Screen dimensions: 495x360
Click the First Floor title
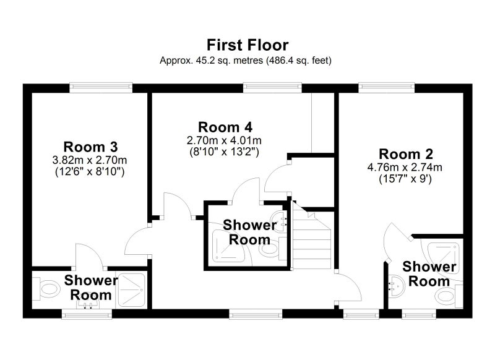tap(247, 45)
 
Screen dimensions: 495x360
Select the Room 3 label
tap(90, 147)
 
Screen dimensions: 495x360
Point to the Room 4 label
tap(225, 127)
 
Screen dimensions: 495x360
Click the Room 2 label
tap(406, 154)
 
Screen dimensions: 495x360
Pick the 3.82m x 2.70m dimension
tap(90, 160)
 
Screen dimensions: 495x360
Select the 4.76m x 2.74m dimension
tap(405, 167)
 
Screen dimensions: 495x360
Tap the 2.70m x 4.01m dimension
tap(224, 140)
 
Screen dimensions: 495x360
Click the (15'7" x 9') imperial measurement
tap(405, 179)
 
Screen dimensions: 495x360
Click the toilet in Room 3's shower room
tap(47, 289)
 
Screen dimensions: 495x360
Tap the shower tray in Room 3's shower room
tap(131, 290)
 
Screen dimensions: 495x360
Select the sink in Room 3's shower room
tap(88, 304)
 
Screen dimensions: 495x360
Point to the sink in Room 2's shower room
tap(397, 286)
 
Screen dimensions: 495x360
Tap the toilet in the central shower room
tap(272, 248)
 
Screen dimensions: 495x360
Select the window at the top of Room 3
tap(101, 88)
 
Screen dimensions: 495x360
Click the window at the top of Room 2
tap(386, 88)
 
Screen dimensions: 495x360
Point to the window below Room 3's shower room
tap(87, 314)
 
